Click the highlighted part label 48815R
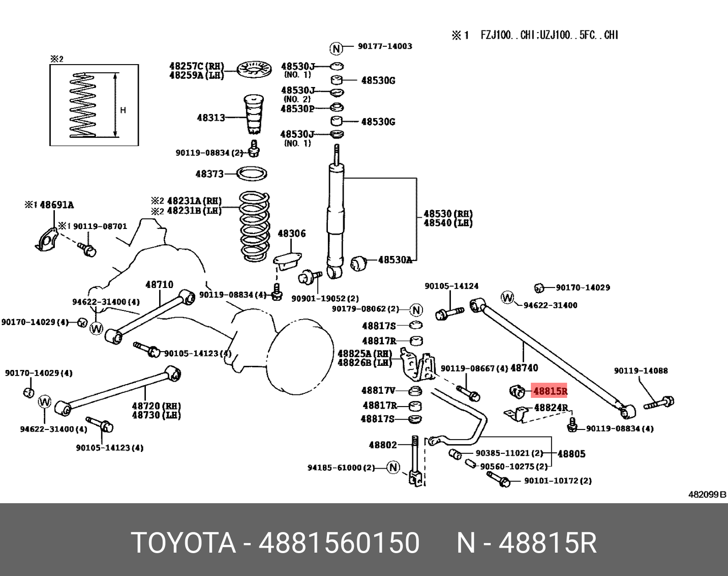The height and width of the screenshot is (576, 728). click(x=550, y=391)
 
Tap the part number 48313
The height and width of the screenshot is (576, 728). click(x=210, y=118)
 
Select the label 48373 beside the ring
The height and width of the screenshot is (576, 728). click(x=209, y=174)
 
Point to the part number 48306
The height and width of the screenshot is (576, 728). click(x=291, y=234)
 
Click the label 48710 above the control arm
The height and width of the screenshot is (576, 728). click(x=159, y=284)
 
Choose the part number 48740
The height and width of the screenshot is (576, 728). click(x=524, y=367)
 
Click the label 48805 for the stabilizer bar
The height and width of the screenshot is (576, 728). click(x=571, y=453)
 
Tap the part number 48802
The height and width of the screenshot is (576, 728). click(x=383, y=445)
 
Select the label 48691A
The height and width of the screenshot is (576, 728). click(x=56, y=205)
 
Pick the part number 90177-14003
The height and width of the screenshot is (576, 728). click(x=385, y=46)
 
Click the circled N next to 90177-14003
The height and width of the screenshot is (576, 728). click(x=336, y=48)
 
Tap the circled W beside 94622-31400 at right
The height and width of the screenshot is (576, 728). click(x=507, y=297)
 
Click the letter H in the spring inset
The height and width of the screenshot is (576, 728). click(x=123, y=110)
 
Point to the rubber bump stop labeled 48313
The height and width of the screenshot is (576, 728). click(x=254, y=114)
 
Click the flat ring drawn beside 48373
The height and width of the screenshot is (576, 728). click(x=253, y=174)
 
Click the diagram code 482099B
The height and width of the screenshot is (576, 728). click(x=707, y=494)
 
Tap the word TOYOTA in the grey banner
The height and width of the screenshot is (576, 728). click(x=184, y=542)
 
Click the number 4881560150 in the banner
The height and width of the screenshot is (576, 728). click(x=339, y=542)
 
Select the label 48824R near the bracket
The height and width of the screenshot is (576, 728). click(x=551, y=408)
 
